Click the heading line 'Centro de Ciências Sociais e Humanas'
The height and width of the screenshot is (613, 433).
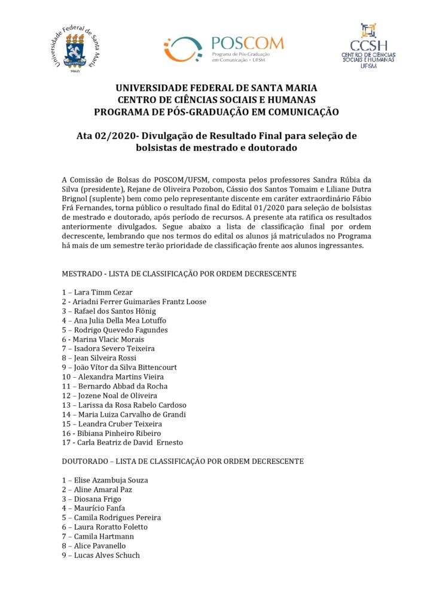click(216, 99)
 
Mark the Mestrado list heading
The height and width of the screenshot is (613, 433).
click(179, 274)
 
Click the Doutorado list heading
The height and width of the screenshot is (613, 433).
click(182, 462)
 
